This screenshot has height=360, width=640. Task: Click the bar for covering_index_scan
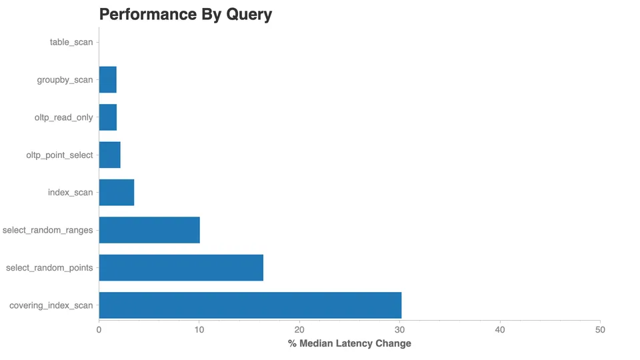pos(250,305)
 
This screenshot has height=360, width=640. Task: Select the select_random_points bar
pos(181,267)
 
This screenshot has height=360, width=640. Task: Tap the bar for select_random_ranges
pos(149,230)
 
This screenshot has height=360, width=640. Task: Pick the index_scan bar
pos(117,193)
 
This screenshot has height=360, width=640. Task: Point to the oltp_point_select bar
pos(109,155)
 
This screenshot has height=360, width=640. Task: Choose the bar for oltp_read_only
pos(108,117)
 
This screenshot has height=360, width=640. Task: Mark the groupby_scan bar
pos(108,80)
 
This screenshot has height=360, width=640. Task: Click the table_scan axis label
pos(71,43)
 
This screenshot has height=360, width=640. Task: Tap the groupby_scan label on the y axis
pos(65,80)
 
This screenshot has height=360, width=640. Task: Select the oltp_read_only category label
pos(64,117)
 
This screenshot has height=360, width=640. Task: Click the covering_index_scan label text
pos(51,305)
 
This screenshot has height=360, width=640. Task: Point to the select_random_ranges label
pos(48,230)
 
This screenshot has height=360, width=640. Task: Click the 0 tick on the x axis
pos(99,329)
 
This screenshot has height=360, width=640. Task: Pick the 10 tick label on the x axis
pos(199,329)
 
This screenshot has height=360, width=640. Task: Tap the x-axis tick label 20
pos(299,329)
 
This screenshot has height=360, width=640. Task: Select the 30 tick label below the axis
pos(400,329)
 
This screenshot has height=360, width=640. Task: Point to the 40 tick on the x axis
pos(500,329)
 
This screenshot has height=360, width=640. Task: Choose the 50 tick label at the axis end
pos(600,329)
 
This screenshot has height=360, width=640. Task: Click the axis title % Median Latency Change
pos(349,343)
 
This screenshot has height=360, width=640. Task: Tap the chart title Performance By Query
pos(185,15)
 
